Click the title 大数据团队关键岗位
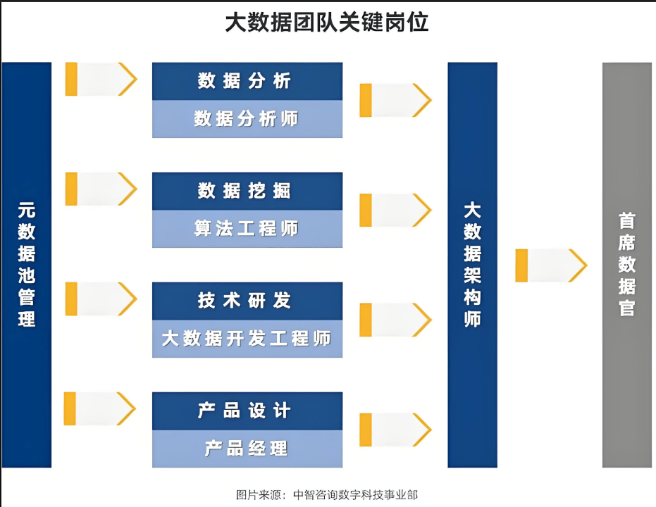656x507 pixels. click(x=327, y=22)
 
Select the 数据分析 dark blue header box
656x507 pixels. click(x=247, y=81)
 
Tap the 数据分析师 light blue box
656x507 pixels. click(x=247, y=119)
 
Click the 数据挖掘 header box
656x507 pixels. click(x=247, y=191)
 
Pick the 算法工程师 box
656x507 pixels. click(x=247, y=229)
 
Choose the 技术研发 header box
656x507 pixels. click(x=247, y=301)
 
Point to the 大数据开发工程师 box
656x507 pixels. click(x=247, y=339)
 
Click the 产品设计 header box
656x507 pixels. click(x=247, y=411)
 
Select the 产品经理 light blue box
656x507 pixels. click(x=247, y=449)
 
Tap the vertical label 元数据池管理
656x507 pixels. click(x=26, y=265)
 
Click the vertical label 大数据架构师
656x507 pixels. click(x=472, y=265)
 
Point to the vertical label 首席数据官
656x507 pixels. click(x=626, y=265)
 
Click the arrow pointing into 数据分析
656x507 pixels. click(x=101, y=79)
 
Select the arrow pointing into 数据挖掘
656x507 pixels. click(x=101, y=189)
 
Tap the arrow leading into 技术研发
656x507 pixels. click(x=101, y=299)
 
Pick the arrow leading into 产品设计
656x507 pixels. click(x=100, y=409)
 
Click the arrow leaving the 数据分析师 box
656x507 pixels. click(x=396, y=100)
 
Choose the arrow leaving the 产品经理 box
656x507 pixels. click(x=396, y=430)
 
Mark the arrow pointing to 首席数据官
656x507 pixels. click(x=552, y=265)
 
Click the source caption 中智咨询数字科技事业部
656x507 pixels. click(x=356, y=495)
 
